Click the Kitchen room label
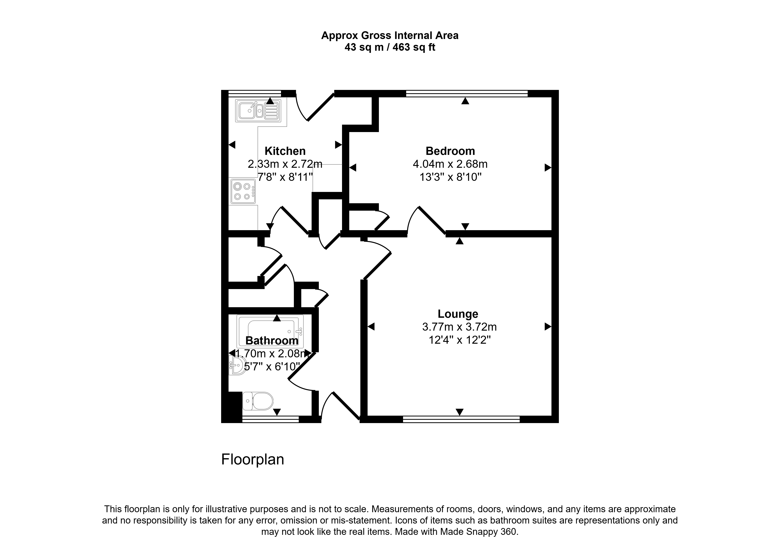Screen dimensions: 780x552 tap(285, 151)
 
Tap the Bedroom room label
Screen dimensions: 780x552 tap(450, 151)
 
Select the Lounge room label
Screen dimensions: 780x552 tap(458, 314)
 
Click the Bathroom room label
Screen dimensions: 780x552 tap(272, 340)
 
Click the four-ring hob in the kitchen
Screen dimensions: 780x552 tap(243, 191)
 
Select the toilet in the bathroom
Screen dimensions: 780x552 tap(258, 401)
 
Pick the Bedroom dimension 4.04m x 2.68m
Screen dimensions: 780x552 tap(450, 164)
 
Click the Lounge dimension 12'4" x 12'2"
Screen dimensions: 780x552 tap(460, 340)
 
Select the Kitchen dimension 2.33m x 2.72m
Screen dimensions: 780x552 tap(285, 164)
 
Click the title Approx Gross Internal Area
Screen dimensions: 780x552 tap(390, 35)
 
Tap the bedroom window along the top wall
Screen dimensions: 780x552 tap(467, 93)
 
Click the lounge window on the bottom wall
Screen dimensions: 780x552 tap(461, 419)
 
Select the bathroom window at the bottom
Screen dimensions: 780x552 tap(270, 419)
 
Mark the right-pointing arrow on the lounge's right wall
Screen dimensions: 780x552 tap(548, 327)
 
